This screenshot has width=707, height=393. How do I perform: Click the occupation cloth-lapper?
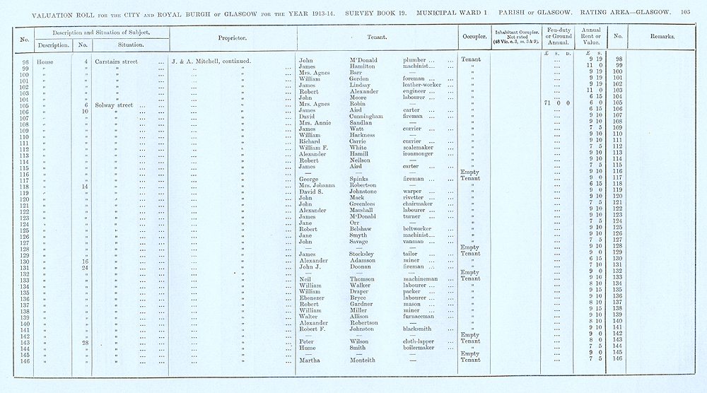420,341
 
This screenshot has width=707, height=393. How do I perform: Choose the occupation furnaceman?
422,315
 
